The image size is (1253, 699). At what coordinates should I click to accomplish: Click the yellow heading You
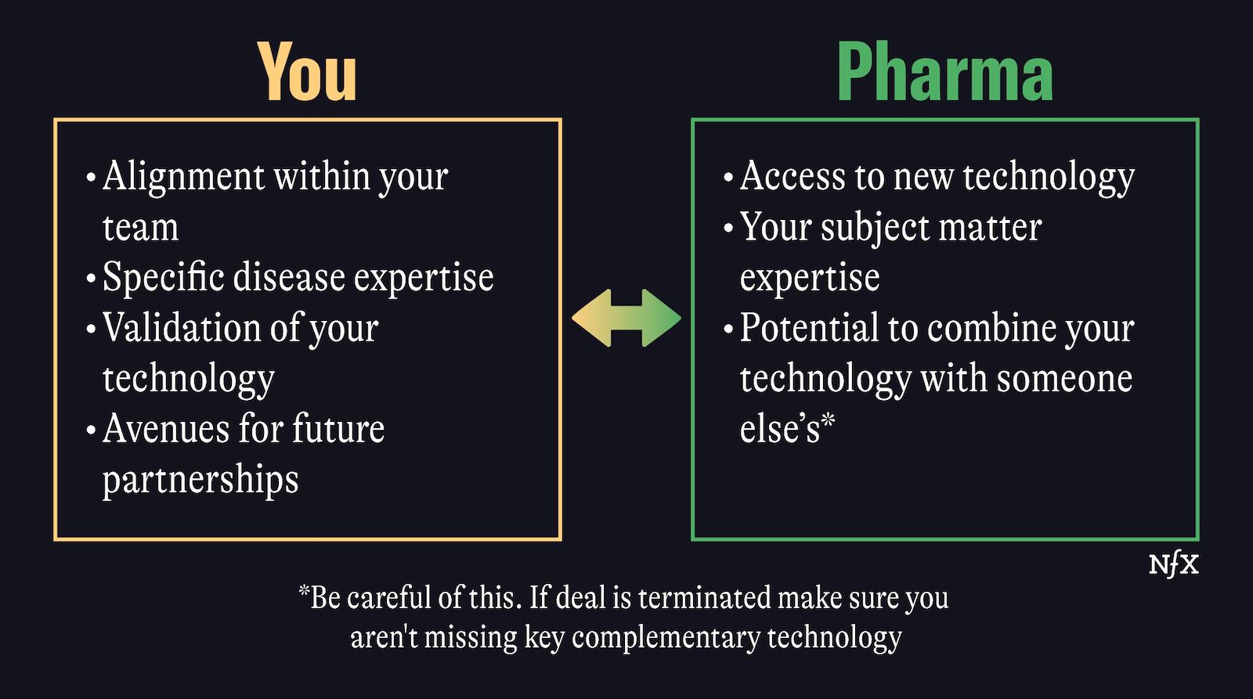[307, 72]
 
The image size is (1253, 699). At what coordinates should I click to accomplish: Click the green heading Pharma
[944, 72]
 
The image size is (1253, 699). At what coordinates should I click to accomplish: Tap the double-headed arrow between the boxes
[626, 318]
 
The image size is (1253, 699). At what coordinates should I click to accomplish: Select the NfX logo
[1174, 565]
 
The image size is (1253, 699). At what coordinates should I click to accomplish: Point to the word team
[140, 228]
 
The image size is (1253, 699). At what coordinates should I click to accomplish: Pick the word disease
[289, 277]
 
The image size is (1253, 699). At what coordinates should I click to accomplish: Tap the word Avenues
[166, 429]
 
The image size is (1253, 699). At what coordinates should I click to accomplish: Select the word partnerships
[200, 480]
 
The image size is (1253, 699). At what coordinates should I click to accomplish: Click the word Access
[793, 176]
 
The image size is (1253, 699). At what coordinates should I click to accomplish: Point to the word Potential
[809, 327]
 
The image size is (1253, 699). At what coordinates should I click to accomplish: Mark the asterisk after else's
[828, 420]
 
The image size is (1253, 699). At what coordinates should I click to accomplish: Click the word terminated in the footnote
[704, 597]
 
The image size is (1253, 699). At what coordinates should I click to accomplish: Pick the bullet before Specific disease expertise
[91, 278]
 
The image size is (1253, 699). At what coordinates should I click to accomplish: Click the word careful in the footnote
[388, 597]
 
